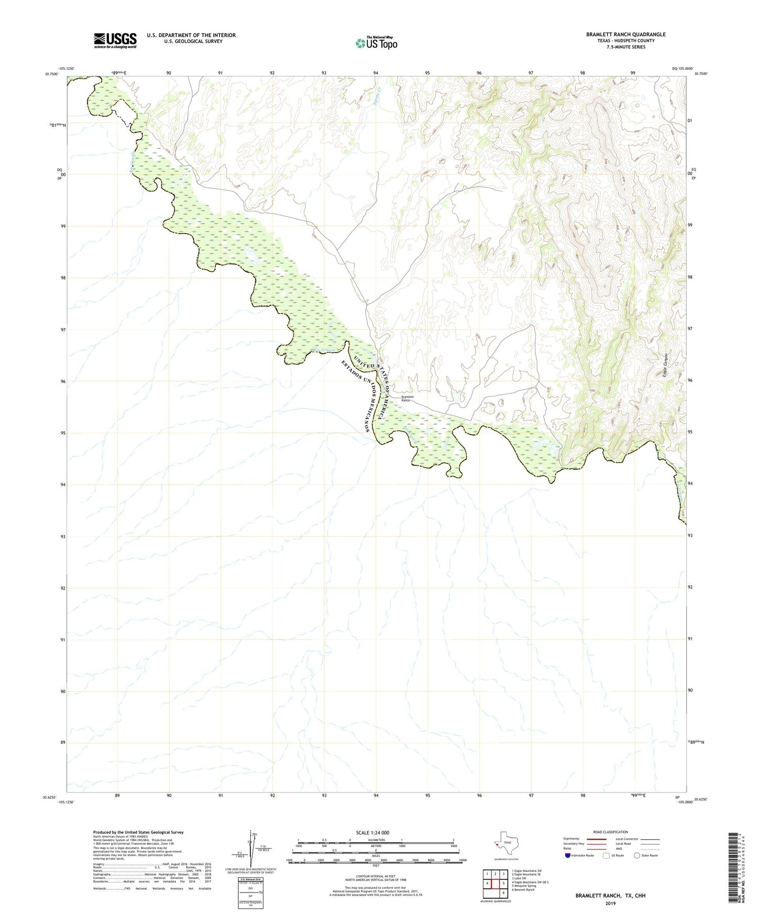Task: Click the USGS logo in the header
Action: [x=115, y=40]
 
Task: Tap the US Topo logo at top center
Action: [x=376, y=43]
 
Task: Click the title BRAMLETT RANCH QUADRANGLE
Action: [x=626, y=35]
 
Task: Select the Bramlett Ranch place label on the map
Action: [x=407, y=398]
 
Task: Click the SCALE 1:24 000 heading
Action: [x=372, y=832]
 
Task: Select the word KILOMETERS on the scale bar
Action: [x=375, y=840]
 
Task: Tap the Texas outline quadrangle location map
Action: [x=506, y=843]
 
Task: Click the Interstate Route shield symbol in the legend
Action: [x=567, y=855]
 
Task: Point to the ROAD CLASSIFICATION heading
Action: [x=610, y=832]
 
